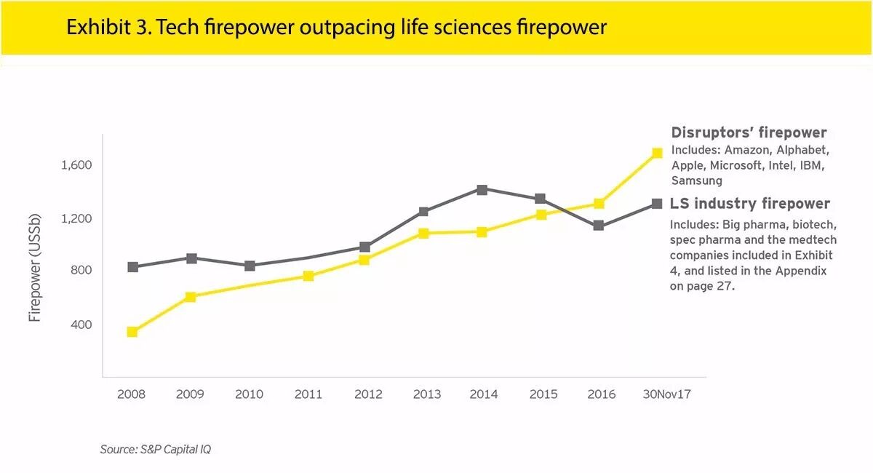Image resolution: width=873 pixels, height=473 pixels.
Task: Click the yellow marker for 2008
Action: (x=132, y=332)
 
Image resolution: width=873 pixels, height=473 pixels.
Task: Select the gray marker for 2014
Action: (x=482, y=190)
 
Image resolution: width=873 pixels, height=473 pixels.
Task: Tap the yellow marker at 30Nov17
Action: (x=657, y=153)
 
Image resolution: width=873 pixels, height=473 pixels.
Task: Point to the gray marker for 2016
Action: (x=598, y=226)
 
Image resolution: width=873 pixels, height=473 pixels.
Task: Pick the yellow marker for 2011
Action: (x=308, y=276)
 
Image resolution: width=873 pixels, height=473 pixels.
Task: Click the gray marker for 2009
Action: (x=191, y=258)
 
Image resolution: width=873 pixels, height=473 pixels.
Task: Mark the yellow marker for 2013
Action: (x=423, y=234)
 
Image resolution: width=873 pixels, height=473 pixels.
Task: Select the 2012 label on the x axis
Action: (x=367, y=394)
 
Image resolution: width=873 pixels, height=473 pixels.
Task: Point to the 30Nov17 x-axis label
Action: (x=666, y=394)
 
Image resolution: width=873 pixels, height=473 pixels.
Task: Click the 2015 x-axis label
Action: (x=543, y=394)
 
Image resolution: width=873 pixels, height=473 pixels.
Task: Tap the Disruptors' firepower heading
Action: (x=749, y=132)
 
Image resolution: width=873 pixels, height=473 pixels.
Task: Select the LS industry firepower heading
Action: (x=750, y=204)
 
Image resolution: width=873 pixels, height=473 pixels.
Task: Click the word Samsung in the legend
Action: (x=696, y=180)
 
